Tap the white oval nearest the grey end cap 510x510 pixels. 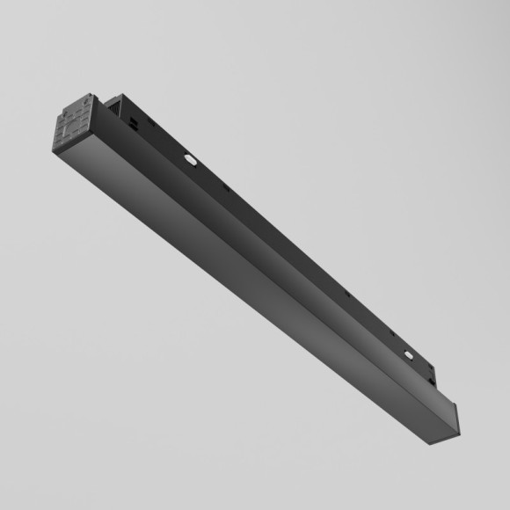190,160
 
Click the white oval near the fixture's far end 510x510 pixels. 408,355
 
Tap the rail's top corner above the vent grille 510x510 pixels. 121,95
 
